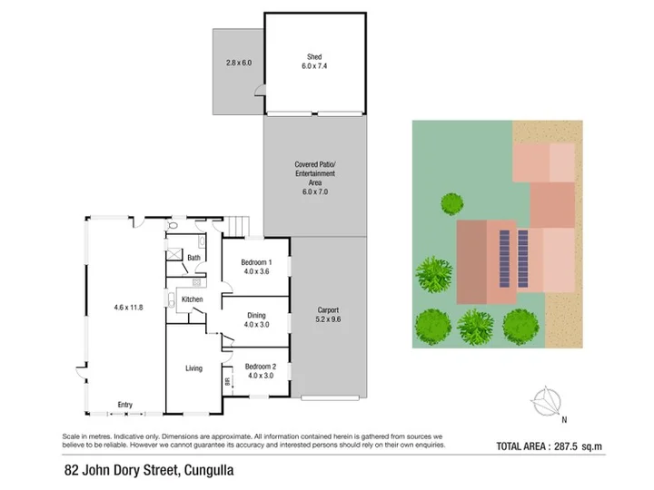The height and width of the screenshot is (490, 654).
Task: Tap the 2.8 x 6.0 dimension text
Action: [239, 63]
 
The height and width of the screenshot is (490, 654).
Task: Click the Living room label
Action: [193, 368]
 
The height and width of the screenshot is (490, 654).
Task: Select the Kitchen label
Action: [192, 299]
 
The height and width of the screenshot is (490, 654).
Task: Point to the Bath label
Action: [193, 258]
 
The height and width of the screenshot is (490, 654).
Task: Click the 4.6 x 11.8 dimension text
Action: [128, 308]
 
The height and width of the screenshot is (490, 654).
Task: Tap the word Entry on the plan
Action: [124, 405]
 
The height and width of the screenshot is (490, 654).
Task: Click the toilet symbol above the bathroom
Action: [172, 225]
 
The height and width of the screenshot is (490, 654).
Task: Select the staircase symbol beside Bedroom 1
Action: [239, 226]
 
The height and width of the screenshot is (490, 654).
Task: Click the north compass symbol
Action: [546, 402]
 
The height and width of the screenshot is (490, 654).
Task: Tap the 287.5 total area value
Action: [566, 446]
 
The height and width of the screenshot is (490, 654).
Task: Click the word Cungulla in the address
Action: [209, 470]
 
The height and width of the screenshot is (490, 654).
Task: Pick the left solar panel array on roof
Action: [504, 259]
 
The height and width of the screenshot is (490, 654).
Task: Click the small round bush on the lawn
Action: [452, 204]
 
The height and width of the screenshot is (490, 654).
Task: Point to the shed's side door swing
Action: [260, 91]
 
